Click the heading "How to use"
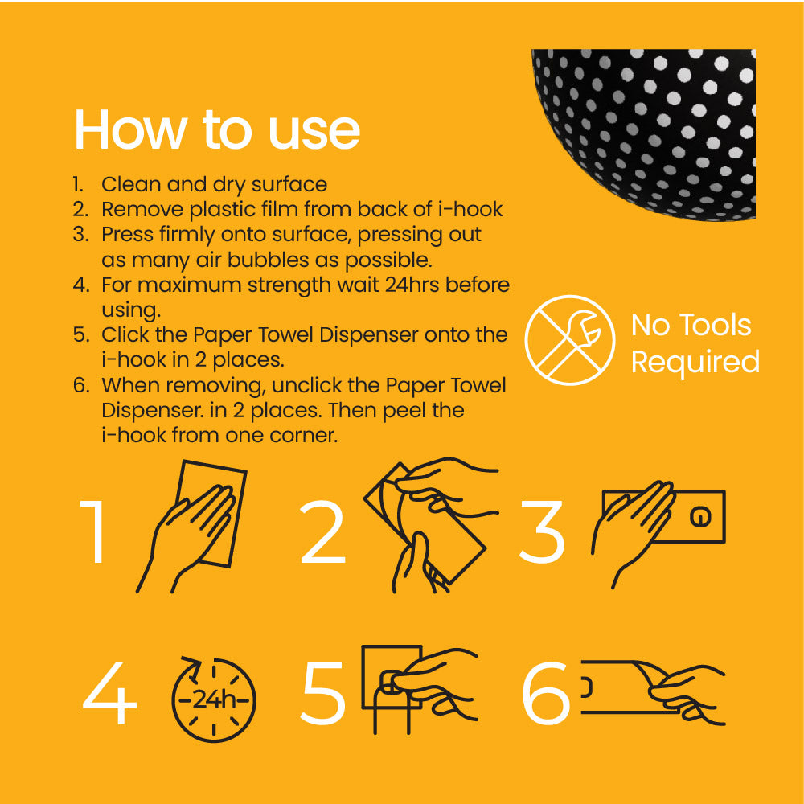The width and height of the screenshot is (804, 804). pyautogui.click(x=217, y=129)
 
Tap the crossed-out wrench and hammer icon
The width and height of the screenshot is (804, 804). pyautogui.click(x=570, y=340)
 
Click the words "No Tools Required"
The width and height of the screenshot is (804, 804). pyautogui.click(x=695, y=343)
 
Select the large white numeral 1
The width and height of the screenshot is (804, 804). pyautogui.click(x=94, y=531)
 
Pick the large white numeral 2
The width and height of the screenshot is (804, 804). pyautogui.click(x=322, y=531)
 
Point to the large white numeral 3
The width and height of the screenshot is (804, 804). pyautogui.click(x=542, y=531)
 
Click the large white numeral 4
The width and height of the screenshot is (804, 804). pyautogui.click(x=109, y=693)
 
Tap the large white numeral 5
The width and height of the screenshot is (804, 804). pyautogui.click(x=323, y=694)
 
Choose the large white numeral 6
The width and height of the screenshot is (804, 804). pyautogui.click(x=546, y=693)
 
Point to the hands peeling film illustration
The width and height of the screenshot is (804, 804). pyautogui.click(x=431, y=525)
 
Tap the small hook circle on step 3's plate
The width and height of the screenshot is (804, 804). pyautogui.click(x=700, y=517)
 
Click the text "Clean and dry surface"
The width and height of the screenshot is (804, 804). pyautogui.click(x=215, y=184)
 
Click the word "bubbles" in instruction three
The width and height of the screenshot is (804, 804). pyautogui.click(x=269, y=260)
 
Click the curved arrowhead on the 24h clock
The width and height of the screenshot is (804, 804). pyautogui.click(x=193, y=667)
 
